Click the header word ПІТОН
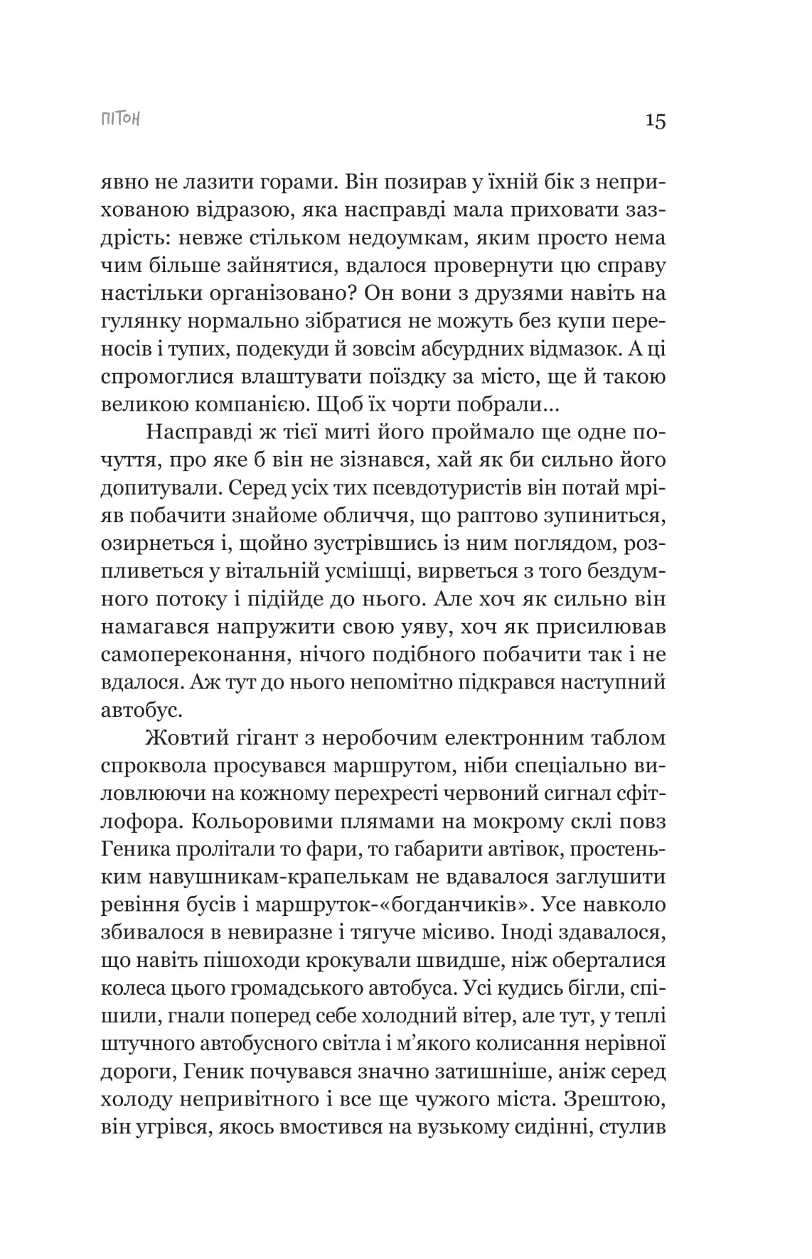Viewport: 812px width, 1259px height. tap(120, 119)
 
